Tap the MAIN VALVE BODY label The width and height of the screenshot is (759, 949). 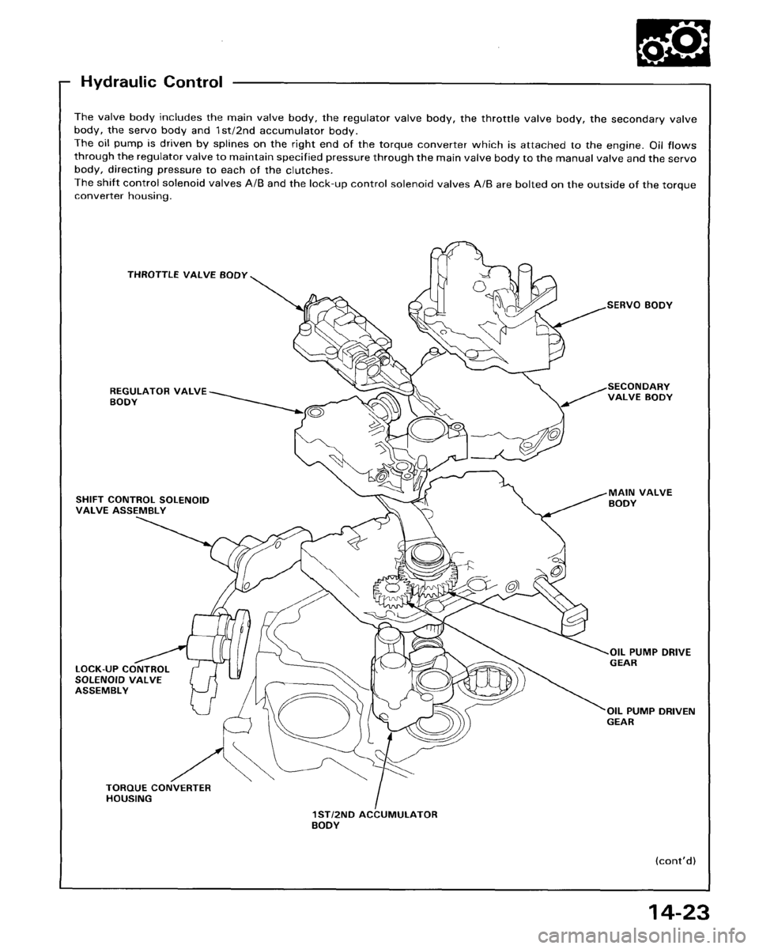(638, 497)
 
